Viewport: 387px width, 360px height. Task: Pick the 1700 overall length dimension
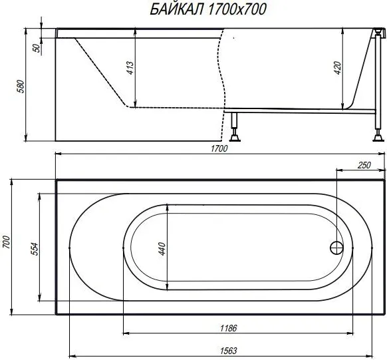pyautogui.click(x=220, y=148)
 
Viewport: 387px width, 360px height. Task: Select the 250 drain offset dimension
pyautogui.click(x=364, y=165)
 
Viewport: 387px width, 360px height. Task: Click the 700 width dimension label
pyautogui.click(x=7, y=244)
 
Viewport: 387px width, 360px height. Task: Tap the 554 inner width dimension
pyautogui.click(x=35, y=248)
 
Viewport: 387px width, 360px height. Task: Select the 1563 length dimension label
pyautogui.click(x=228, y=350)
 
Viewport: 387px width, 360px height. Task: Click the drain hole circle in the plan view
pyautogui.click(x=336, y=248)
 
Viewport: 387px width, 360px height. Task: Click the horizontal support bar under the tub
pyautogui.click(x=299, y=109)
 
